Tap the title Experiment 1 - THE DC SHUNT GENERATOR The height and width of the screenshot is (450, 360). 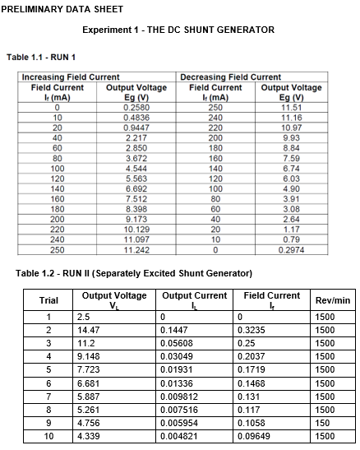[178, 30]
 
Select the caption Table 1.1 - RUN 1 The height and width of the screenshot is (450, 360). [41, 57]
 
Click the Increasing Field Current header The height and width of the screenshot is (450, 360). [64, 77]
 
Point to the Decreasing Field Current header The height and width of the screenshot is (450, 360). [230, 77]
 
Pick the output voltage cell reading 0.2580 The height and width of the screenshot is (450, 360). [136, 108]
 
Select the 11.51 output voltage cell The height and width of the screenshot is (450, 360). [292, 108]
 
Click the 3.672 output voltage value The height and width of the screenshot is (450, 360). [136, 158]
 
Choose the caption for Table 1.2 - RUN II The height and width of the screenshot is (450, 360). [134, 272]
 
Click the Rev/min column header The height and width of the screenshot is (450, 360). [333, 300]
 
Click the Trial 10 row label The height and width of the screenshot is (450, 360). [48, 436]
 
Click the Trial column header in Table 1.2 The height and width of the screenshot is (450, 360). [48, 300]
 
